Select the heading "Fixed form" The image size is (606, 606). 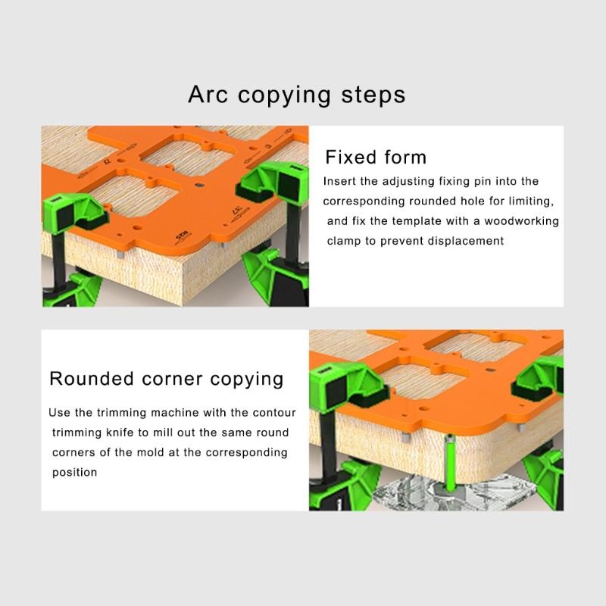[376, 158]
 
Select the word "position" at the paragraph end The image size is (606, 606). [74, 472]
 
